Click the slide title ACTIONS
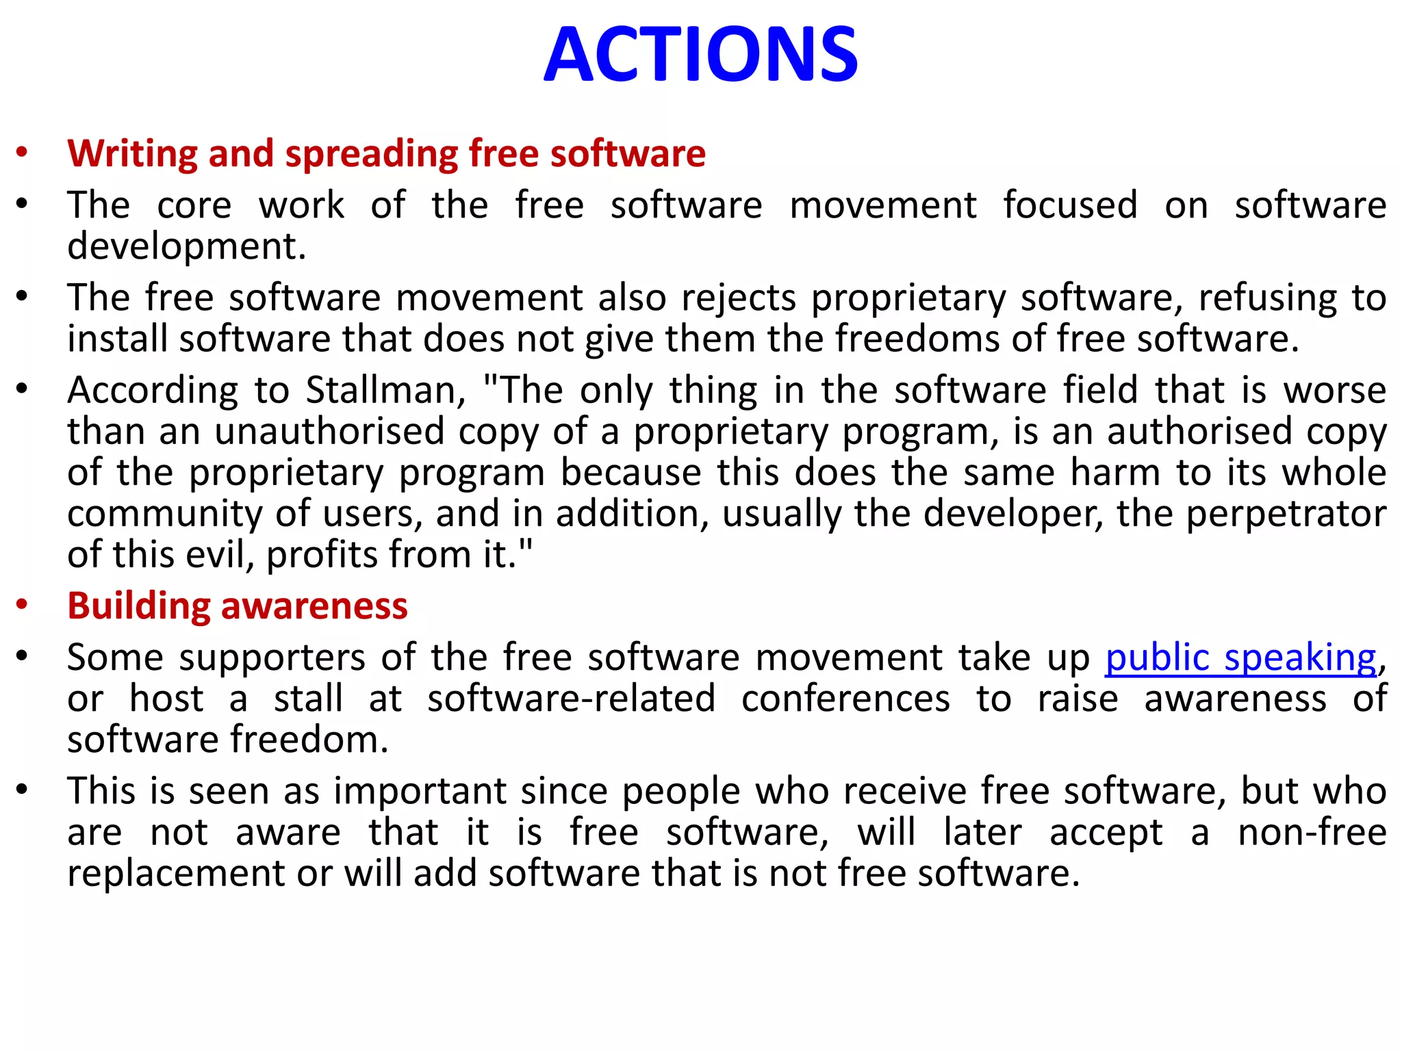[700, 55]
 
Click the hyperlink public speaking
[1240, 658]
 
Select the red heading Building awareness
[238, 606]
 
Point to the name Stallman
[385, 391]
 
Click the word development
[186, 246]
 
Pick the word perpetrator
[1286, 514]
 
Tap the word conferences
[845, 699]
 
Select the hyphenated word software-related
[571, 699]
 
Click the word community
[164, 514]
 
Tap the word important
[420, 792]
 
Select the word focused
[1070, 205]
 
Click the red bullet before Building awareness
[23, 605]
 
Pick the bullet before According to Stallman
[23, 389]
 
